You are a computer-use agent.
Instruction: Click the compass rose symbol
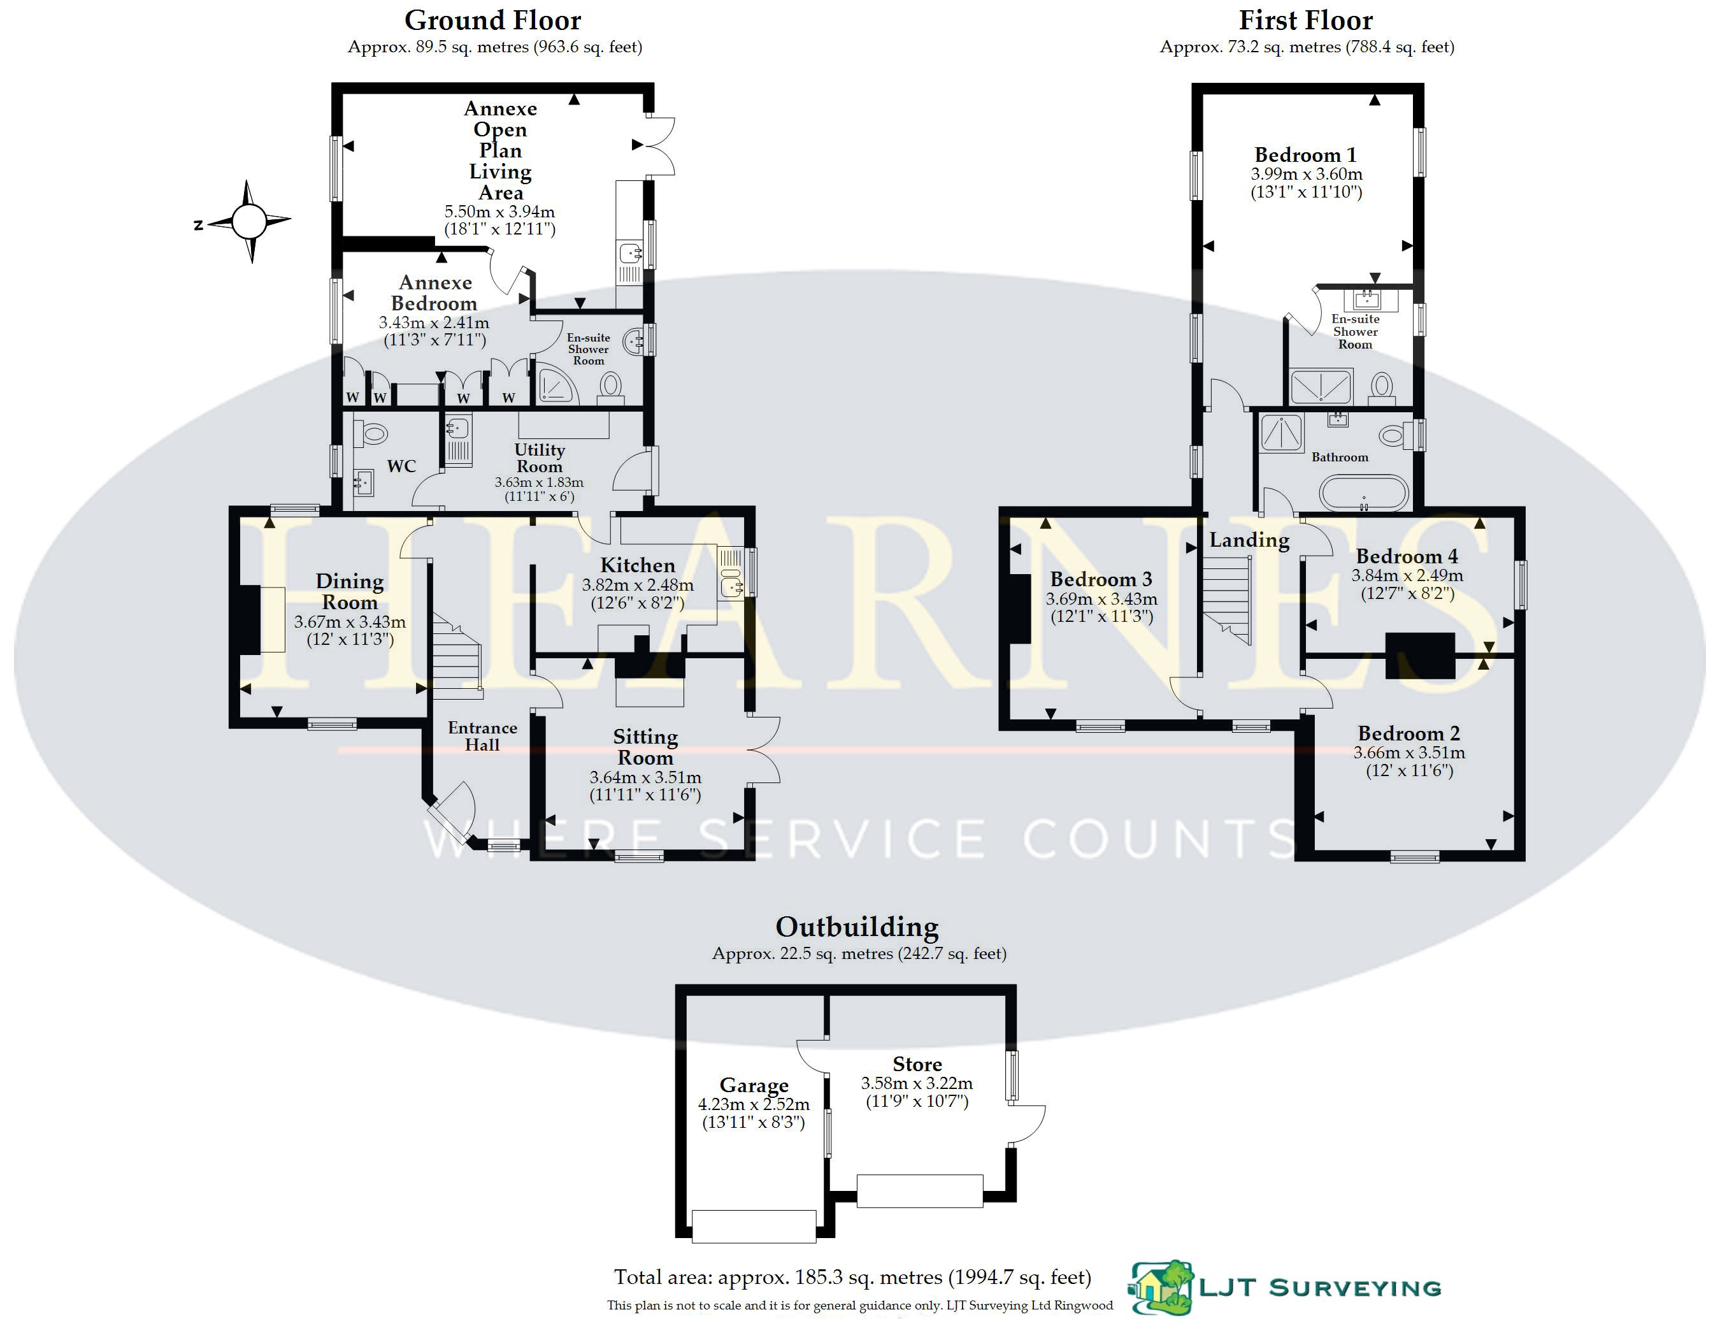[x=249, y=221]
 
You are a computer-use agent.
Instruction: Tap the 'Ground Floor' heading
[x=492, y=20]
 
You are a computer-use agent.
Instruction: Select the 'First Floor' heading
[x=1305, y=20]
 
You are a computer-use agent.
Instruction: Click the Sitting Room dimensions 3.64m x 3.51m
[x=645, y=777]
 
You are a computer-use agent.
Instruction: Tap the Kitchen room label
[x=638, y=565]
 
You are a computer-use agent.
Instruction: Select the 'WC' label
[x=401, y=466]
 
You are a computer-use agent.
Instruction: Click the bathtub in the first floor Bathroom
[x=1364, y=493]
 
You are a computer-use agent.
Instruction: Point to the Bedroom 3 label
[x=1101, y=579]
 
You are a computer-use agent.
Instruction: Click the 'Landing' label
[x=1249, y=540]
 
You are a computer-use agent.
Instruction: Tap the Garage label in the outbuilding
[x=754, y=1085]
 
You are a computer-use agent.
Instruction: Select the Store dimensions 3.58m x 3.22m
[x=917, y=1083]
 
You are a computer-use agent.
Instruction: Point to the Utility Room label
[x=540, y=458]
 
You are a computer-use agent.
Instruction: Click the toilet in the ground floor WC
[x=371, y=433]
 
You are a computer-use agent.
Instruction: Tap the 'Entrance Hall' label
[x=482, y=737]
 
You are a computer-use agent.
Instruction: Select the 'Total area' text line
[x=852, y=1278]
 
